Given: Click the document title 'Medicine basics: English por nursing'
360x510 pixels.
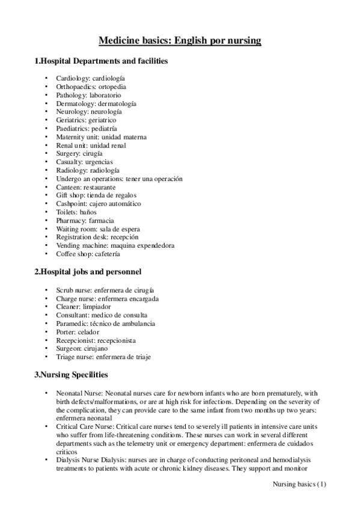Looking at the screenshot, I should coord(180,41).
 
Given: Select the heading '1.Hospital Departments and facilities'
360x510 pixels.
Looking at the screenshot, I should coord(101,61).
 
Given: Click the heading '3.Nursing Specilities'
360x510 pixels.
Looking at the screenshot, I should coord(71,375).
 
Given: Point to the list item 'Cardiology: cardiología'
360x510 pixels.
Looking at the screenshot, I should coord(91,78).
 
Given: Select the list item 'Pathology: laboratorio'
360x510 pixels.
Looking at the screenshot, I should coord(88,95).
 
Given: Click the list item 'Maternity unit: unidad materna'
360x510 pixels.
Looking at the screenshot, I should coord(101,137).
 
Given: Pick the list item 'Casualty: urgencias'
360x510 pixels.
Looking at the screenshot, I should coord(84,162).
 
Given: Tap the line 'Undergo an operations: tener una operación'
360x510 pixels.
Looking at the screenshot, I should coord(119,179).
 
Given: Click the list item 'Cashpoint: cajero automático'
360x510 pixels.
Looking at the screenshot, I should coord(99,204).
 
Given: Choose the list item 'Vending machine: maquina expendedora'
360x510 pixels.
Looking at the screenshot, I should coord(115,245).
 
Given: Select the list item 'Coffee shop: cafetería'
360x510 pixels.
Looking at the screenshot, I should coord(88,254).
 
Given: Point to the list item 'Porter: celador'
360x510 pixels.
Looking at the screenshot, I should coord(78,332).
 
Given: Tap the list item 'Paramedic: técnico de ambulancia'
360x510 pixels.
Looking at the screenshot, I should coord(105,324).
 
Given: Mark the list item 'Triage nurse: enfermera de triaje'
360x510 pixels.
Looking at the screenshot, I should coord(103,357).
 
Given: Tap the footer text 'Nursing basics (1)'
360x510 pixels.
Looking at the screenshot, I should coord(298,484).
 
